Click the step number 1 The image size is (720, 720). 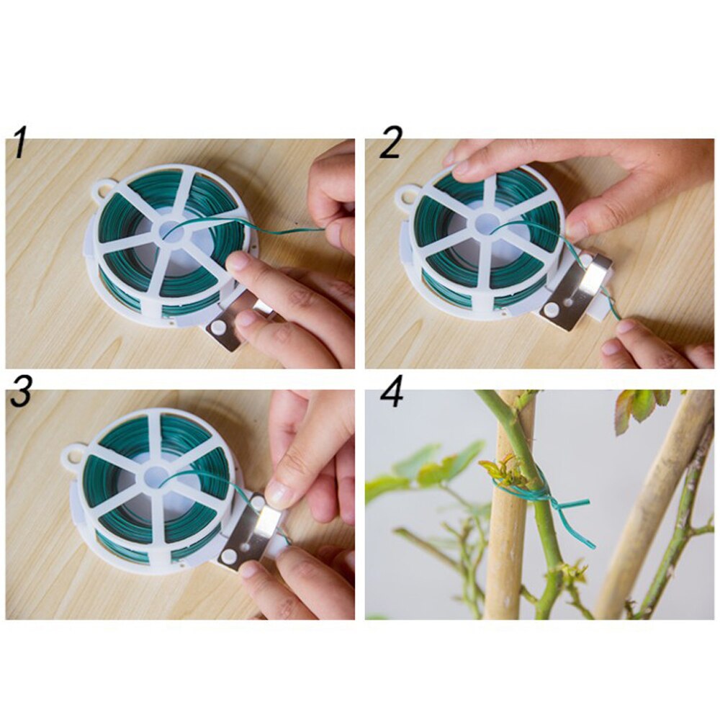[20, 143]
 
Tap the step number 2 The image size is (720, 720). [390, 143]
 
